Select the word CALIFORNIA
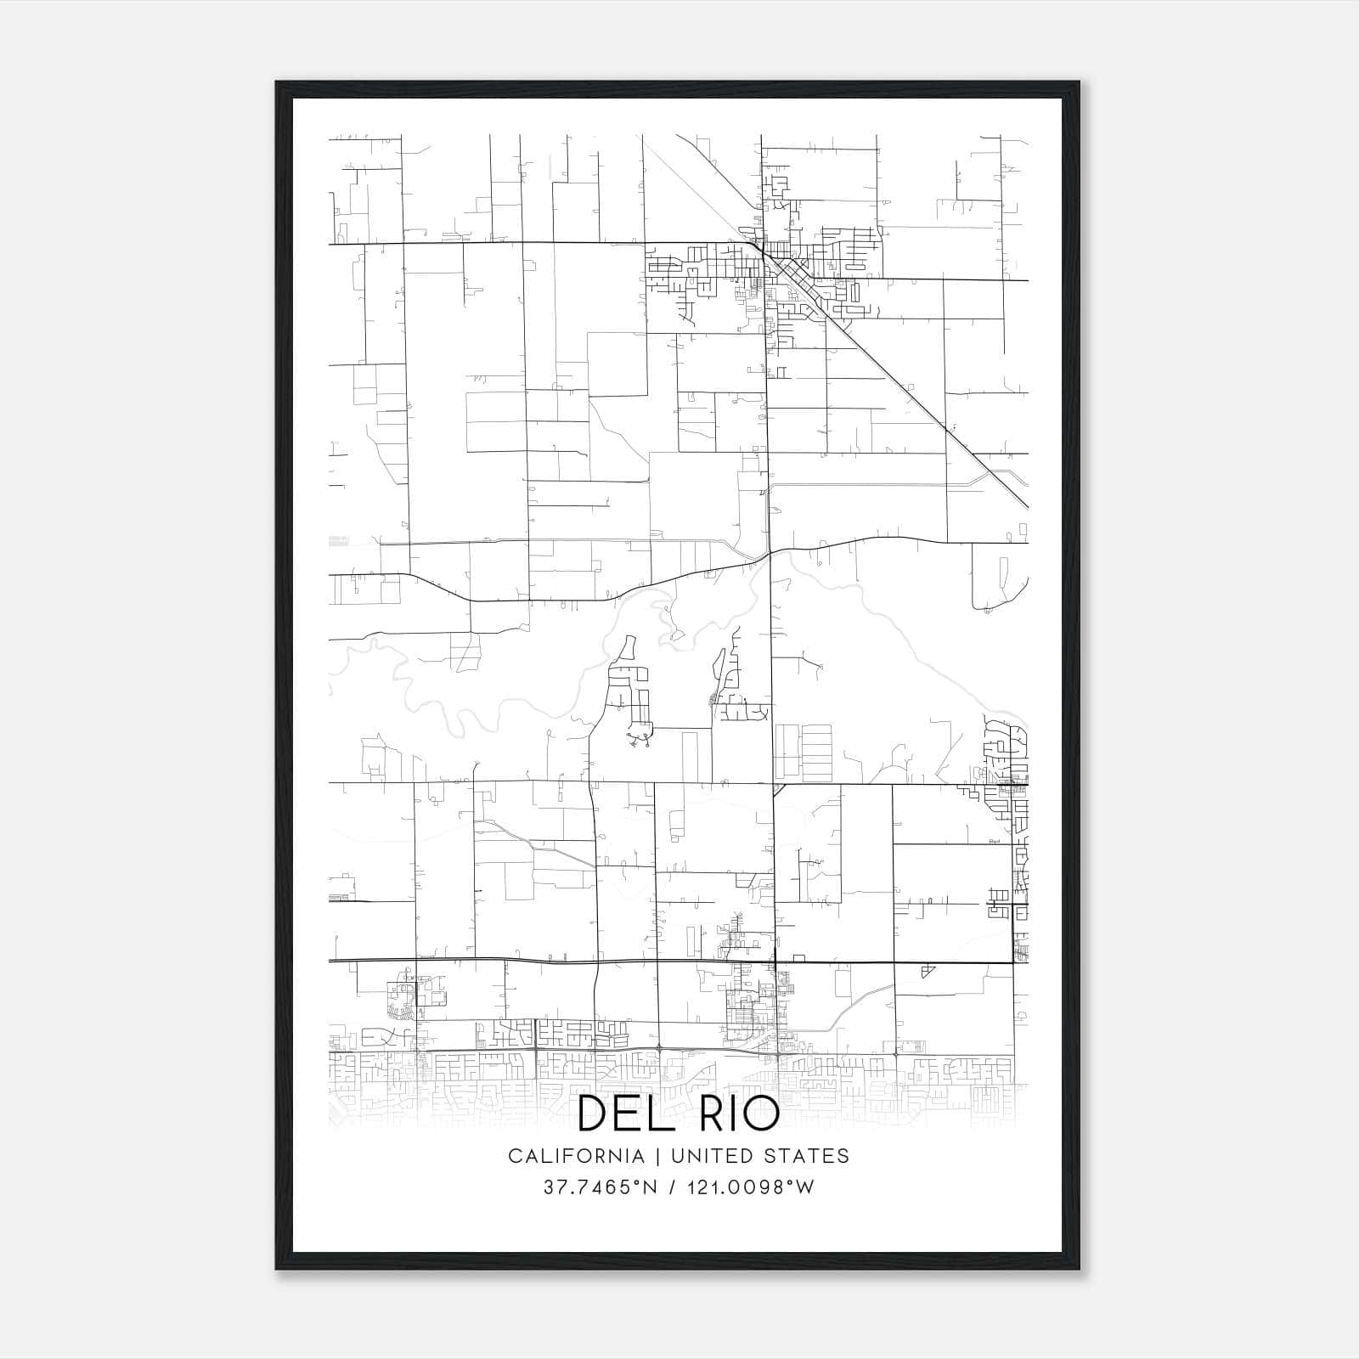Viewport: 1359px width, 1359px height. click(576, 1156)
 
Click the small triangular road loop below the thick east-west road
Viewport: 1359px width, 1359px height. click(928, 971)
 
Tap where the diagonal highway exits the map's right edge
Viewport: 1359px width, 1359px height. click(1027, 506)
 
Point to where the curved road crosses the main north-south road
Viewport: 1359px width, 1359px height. click(770, 554)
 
